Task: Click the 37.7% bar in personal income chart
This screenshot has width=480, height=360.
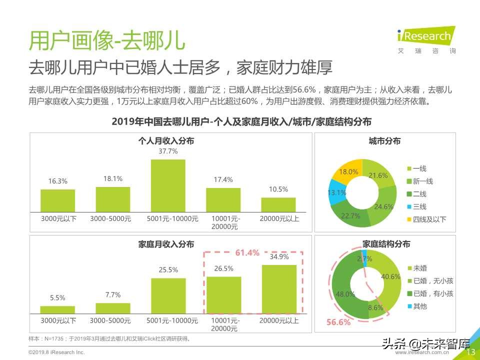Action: [168, 185]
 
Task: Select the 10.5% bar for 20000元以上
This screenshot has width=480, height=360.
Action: [278, 204]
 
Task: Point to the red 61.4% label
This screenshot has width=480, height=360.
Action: [247, 253]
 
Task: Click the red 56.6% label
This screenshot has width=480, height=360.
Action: [338, 322]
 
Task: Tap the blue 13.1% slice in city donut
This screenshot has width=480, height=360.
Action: [337, 193]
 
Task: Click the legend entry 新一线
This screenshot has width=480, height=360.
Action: [422, 181]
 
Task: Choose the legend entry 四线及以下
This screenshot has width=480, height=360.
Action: [428, 219]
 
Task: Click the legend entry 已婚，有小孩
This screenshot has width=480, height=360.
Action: [433, 293]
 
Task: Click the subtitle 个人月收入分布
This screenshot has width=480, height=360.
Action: [166, 141]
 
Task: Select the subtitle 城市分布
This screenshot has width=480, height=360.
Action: [384, 141]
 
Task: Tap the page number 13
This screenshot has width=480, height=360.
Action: [470, 352]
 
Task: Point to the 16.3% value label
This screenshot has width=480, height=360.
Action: [57, 181]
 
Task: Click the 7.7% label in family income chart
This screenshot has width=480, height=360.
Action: [112, 294]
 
